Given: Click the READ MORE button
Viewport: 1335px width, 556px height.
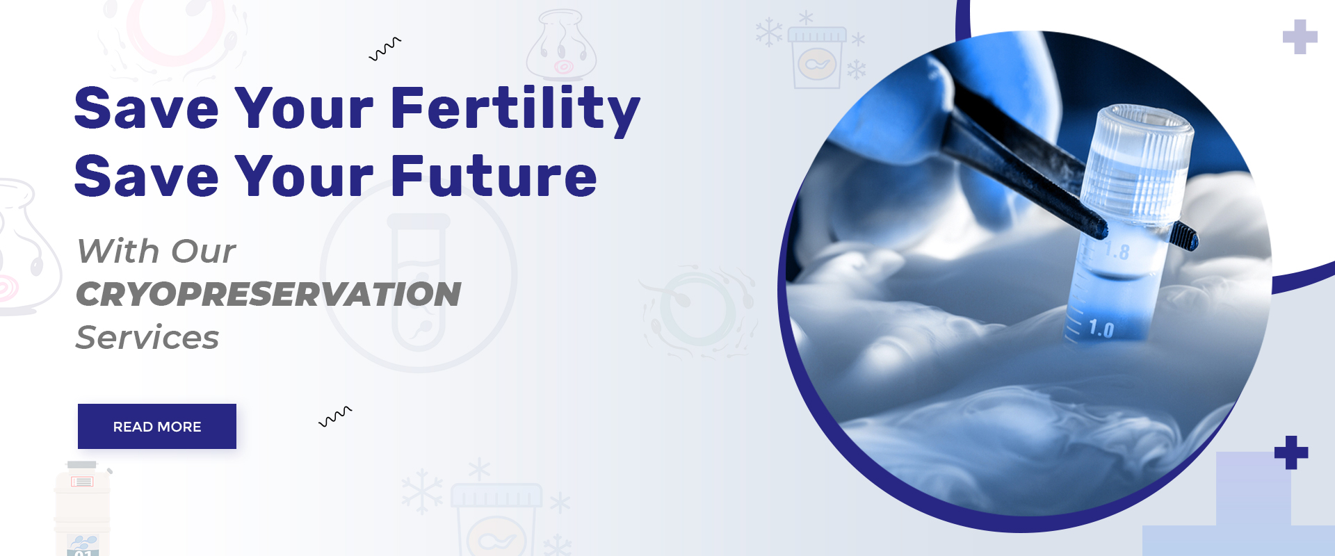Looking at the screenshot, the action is (157, 426).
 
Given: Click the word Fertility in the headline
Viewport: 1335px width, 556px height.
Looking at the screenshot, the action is (515, 108).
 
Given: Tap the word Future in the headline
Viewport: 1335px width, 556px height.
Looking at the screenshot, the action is (494, 176).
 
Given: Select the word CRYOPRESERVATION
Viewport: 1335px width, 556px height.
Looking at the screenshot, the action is (268, 294).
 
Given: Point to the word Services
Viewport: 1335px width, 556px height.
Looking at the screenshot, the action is (147, 338).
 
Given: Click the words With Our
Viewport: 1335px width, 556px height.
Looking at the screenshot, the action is (156, 251).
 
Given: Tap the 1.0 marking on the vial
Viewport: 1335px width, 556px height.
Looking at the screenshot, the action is (1101, 328).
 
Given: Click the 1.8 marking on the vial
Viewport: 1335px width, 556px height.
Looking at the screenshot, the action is (1117, 251).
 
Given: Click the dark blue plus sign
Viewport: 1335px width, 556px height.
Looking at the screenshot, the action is (1291, 452).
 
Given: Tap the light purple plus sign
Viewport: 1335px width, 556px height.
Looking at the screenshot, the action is (1300, 37).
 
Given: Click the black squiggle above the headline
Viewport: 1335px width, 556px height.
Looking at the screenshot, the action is (385, 49).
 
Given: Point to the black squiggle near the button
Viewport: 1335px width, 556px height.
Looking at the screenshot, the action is (335, 416).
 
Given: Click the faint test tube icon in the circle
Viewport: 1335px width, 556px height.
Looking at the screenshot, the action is (419, 281).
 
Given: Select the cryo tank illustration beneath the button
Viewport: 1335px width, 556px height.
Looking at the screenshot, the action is (83, 508).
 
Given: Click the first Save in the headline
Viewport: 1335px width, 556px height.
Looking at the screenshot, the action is (147, 108).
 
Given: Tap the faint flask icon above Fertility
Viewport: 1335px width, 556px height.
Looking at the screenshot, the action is (561, 45).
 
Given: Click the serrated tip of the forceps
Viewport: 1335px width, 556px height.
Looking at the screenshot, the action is (1185, 236).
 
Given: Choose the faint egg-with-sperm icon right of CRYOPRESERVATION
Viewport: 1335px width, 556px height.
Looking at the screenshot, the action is (699, 311).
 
